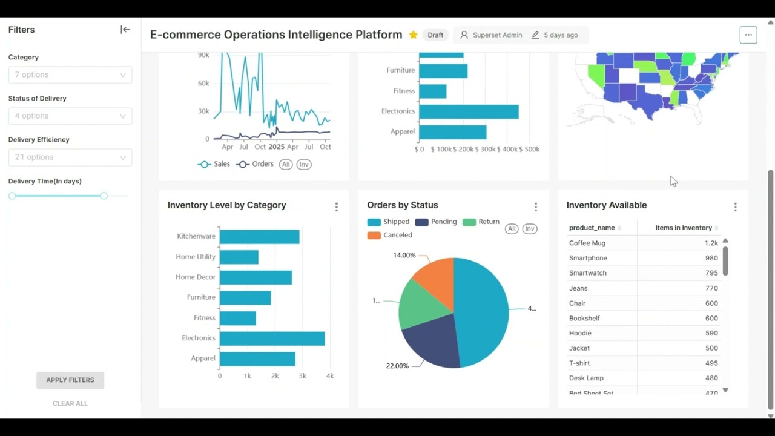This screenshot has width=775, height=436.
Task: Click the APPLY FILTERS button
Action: tap(70, 380)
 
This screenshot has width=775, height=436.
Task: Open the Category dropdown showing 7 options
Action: tap(70, 75)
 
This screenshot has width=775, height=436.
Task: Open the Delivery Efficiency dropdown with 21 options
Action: tap(70, 157)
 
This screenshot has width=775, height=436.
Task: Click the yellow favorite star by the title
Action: tap(413, 35)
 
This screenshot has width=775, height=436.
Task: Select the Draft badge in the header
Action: tap(435, 35)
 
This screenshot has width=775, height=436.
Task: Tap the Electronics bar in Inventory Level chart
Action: tap(272, 338)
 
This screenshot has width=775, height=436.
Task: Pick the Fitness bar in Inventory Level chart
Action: tap(237, 318)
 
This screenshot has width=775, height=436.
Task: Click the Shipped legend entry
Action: tap(389, 222)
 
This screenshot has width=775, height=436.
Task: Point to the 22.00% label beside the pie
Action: tap(397, 366)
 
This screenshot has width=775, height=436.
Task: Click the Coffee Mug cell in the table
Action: tap(587, 243)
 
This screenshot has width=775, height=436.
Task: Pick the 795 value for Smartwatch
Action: tap(711, 273)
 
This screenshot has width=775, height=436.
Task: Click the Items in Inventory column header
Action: tap(683, 228)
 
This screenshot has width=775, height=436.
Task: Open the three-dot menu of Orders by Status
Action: tap(536, 207)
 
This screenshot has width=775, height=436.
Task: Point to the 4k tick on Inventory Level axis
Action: tap(330, 376)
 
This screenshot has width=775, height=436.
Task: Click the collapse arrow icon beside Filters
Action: tap(125, 30)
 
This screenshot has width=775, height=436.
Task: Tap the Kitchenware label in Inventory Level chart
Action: tap(196, 236)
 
